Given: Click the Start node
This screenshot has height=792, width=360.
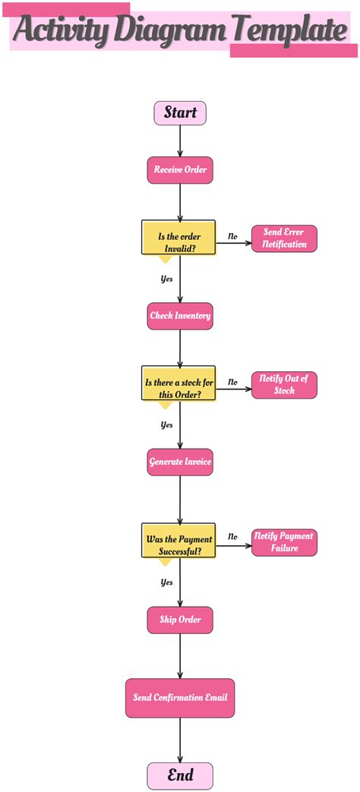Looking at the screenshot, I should (180, 112).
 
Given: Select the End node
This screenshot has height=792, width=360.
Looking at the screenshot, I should (180, 775).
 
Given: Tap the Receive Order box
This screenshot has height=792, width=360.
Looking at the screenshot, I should (180, 169).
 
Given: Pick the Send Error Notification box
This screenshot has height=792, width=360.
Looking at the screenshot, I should (284, 238).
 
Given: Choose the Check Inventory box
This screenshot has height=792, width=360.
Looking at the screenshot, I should (180, 315).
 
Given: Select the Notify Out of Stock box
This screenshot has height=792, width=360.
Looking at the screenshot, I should (284, 385).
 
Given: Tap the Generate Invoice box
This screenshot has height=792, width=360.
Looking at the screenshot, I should (180, 462).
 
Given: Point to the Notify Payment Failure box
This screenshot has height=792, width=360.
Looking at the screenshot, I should (284, 542).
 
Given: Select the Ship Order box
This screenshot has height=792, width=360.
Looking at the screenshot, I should (180, 620).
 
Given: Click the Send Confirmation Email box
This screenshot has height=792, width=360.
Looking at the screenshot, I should (180, 698).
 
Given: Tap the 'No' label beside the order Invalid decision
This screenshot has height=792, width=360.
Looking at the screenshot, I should (232, 237).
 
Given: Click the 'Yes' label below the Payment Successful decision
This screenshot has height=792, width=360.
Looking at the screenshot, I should (166, 582).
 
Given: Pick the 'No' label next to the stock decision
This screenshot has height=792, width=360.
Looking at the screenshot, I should (232, 383).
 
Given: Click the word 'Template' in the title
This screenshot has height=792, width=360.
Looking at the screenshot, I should (289, 30).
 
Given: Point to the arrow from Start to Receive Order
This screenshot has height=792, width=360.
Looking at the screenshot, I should (180, 140).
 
